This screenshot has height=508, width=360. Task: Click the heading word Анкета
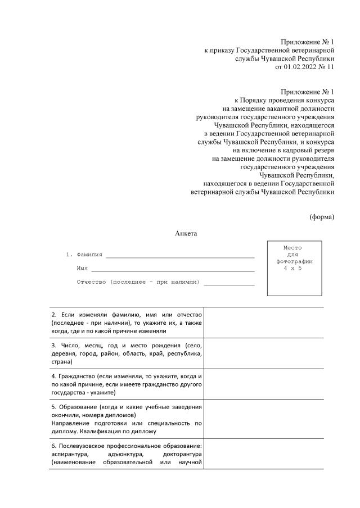click(x=186, y=233)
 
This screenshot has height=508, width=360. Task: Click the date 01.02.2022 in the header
click(x=301, y=67)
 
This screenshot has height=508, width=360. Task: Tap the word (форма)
click(x=322, y=216)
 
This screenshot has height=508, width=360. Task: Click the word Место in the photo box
click(x=293, y=248)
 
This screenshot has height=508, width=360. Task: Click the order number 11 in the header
click(x=330, y=67)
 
